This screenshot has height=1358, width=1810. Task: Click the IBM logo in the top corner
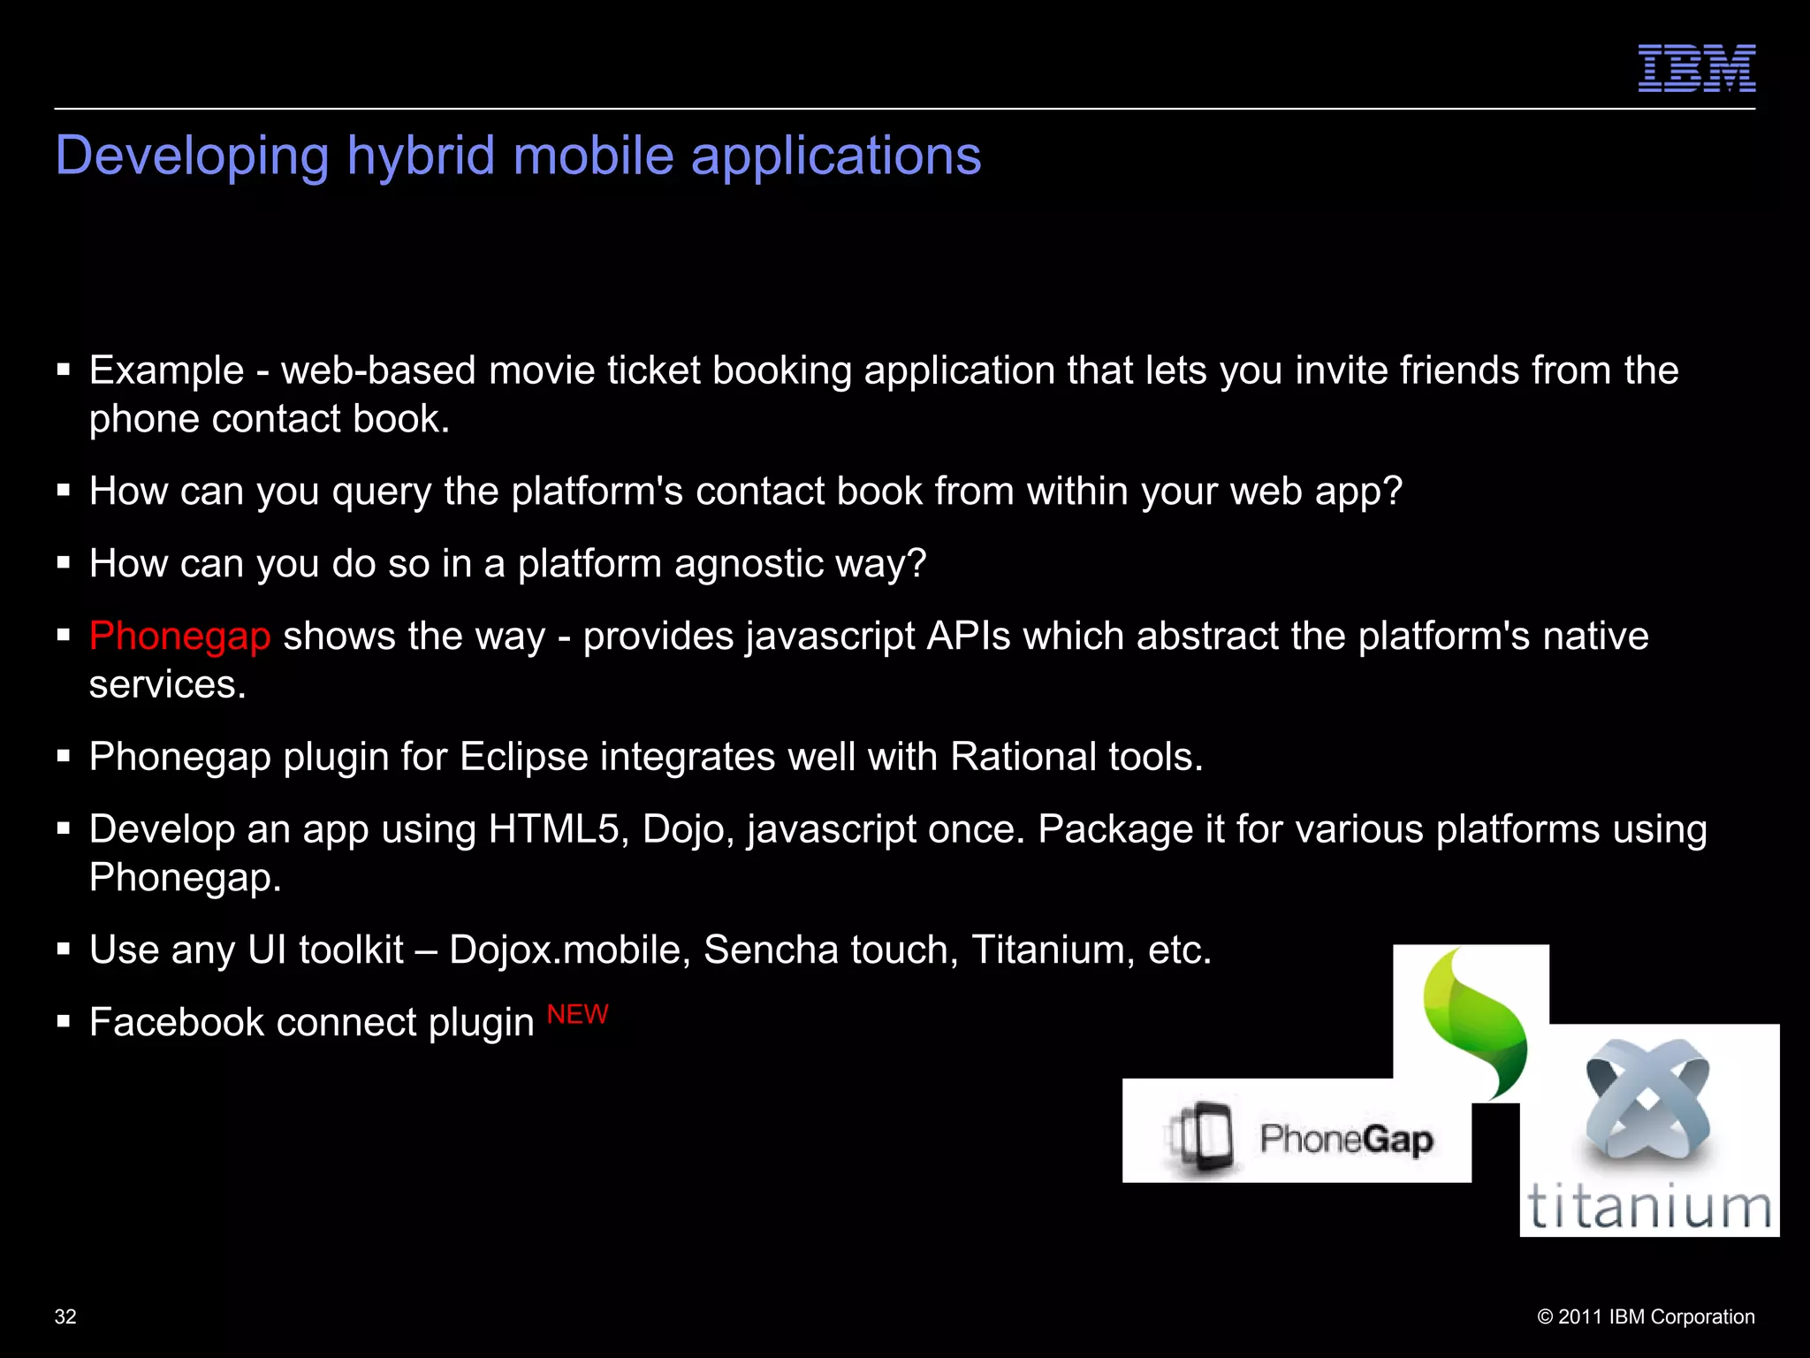[x=1696, y=68]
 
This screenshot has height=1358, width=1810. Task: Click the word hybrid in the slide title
[x=421, y=156]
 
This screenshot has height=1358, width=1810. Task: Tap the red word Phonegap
[x=179, y=637]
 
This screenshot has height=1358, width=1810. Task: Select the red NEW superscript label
[x=577, y=1014]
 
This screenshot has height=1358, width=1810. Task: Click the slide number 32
[x=65, y=1316]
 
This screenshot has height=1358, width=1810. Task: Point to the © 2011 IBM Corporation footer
[x=1646, y=1316]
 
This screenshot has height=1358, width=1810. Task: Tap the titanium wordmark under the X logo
[x=1649, y=1207]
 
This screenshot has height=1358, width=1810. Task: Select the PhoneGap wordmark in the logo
[x=1346, y=1139]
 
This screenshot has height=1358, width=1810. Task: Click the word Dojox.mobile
[x=569, y=950]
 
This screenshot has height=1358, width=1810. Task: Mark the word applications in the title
[x=835, y=156]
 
